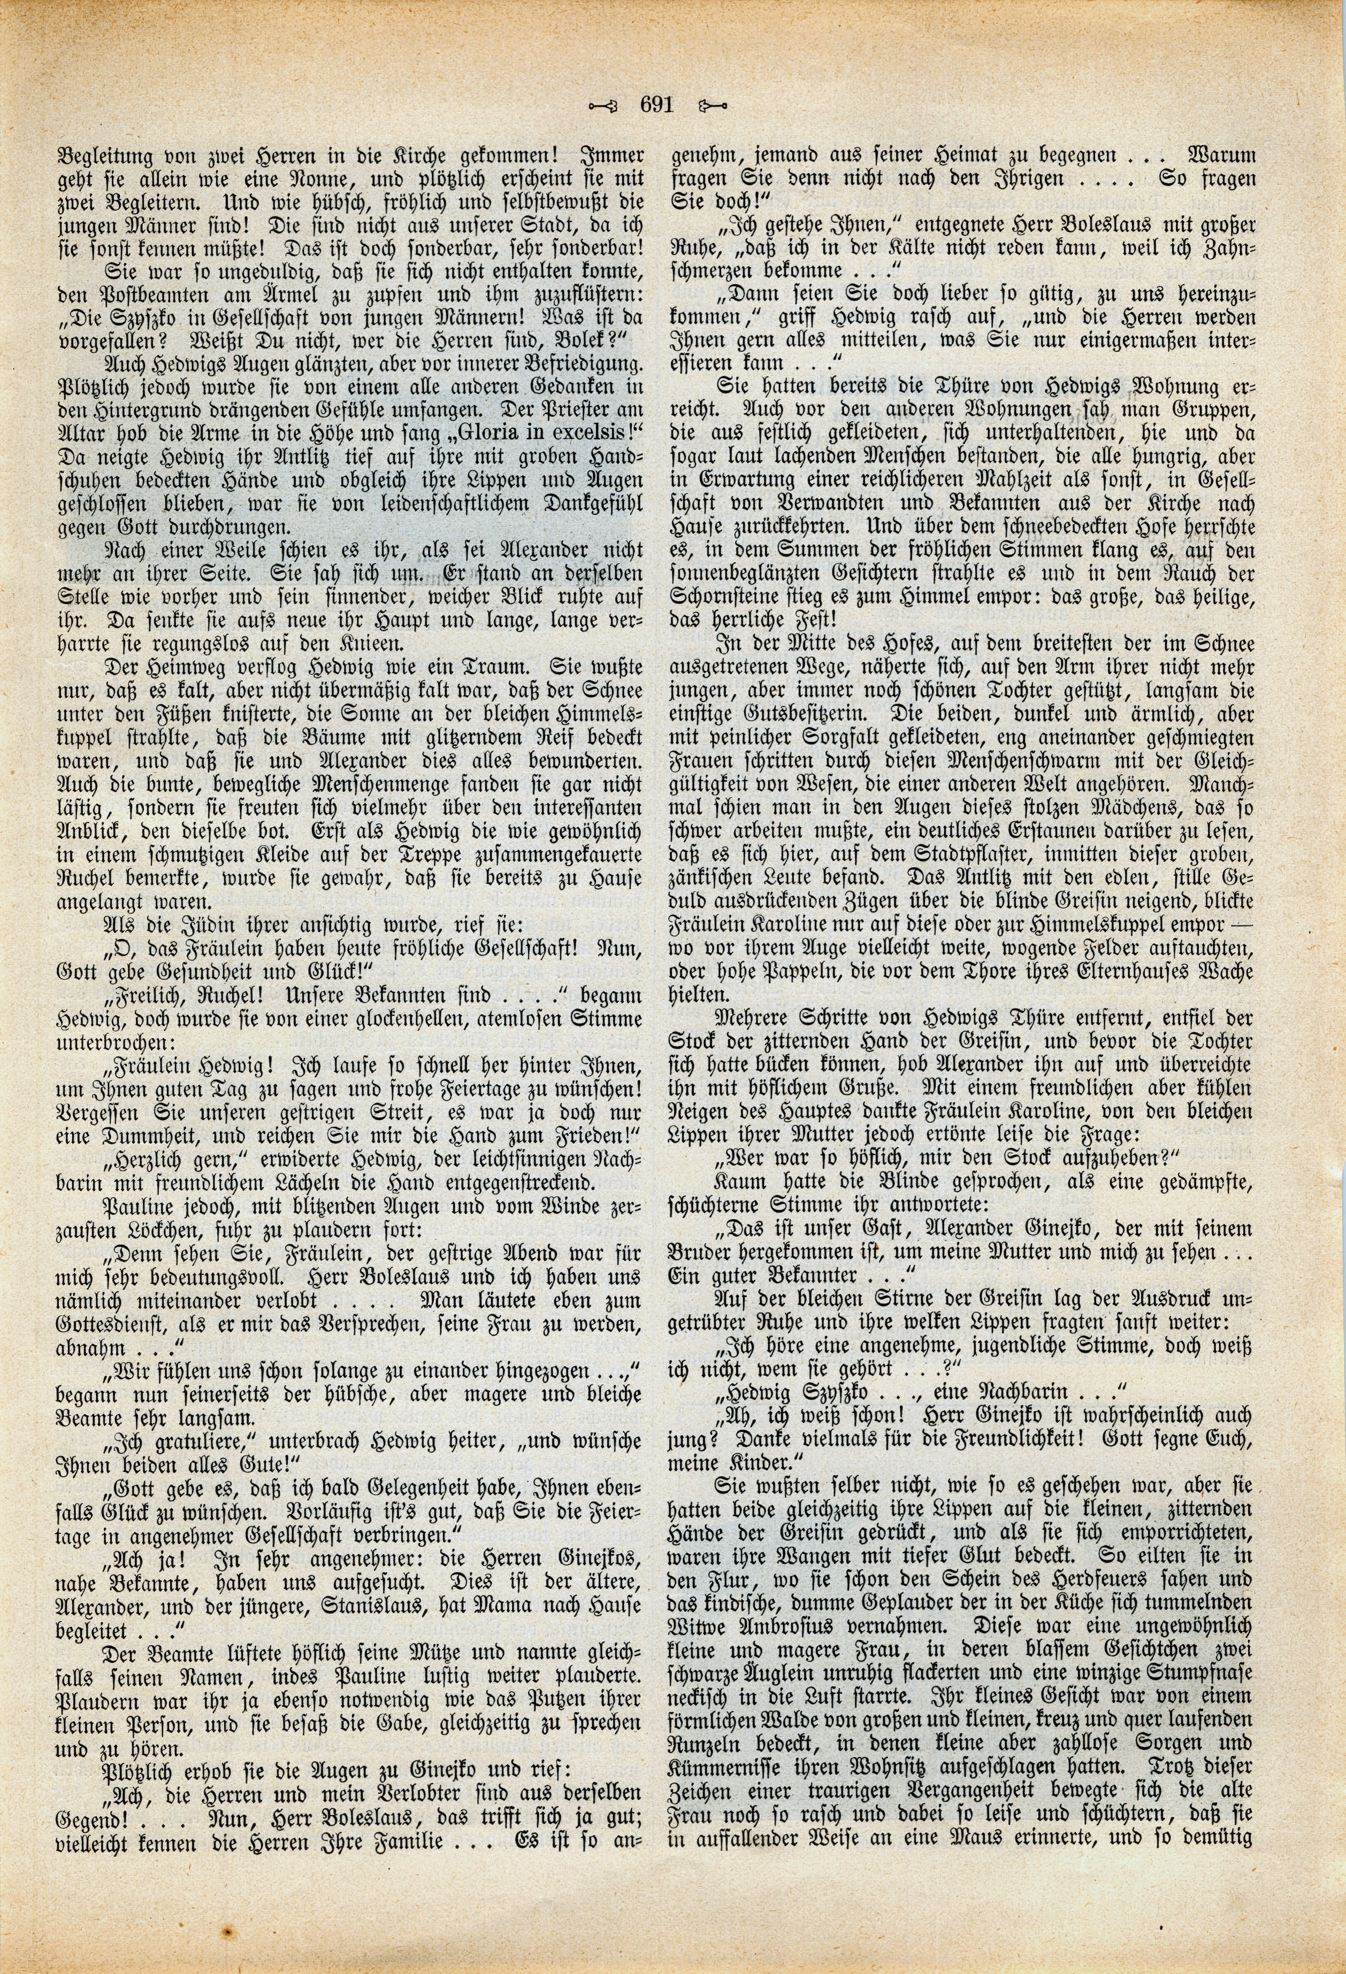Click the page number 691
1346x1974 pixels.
[655, 105]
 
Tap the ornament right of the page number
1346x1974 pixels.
[709, 106]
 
